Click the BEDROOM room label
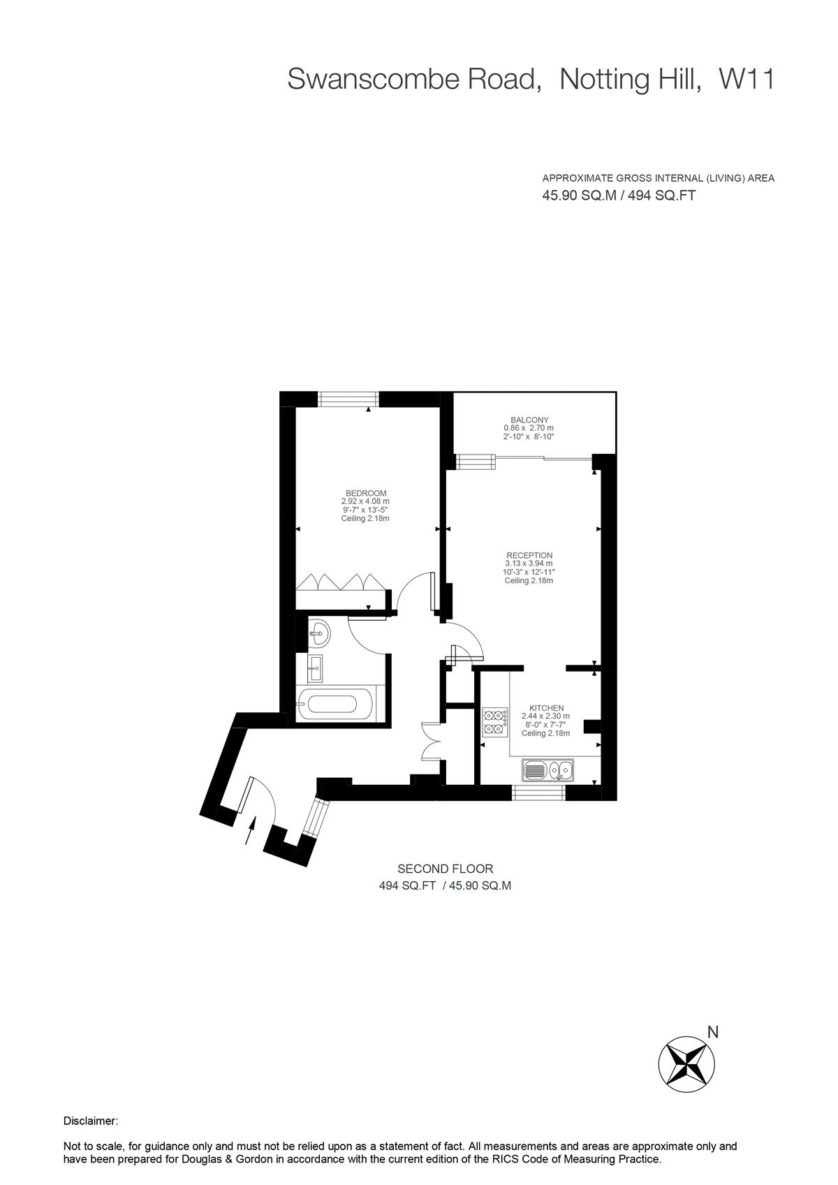365,493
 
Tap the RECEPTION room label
529,555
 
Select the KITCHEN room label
546,708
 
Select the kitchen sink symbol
547,771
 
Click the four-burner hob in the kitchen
495,722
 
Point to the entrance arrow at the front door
250,832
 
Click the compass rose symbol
686,1063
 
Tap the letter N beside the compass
712,1032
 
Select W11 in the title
747,80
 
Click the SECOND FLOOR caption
445,869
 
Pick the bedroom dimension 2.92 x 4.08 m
365,501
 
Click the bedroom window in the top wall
349,399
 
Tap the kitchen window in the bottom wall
538,793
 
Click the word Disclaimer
91,1121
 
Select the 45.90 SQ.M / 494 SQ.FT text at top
619,196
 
